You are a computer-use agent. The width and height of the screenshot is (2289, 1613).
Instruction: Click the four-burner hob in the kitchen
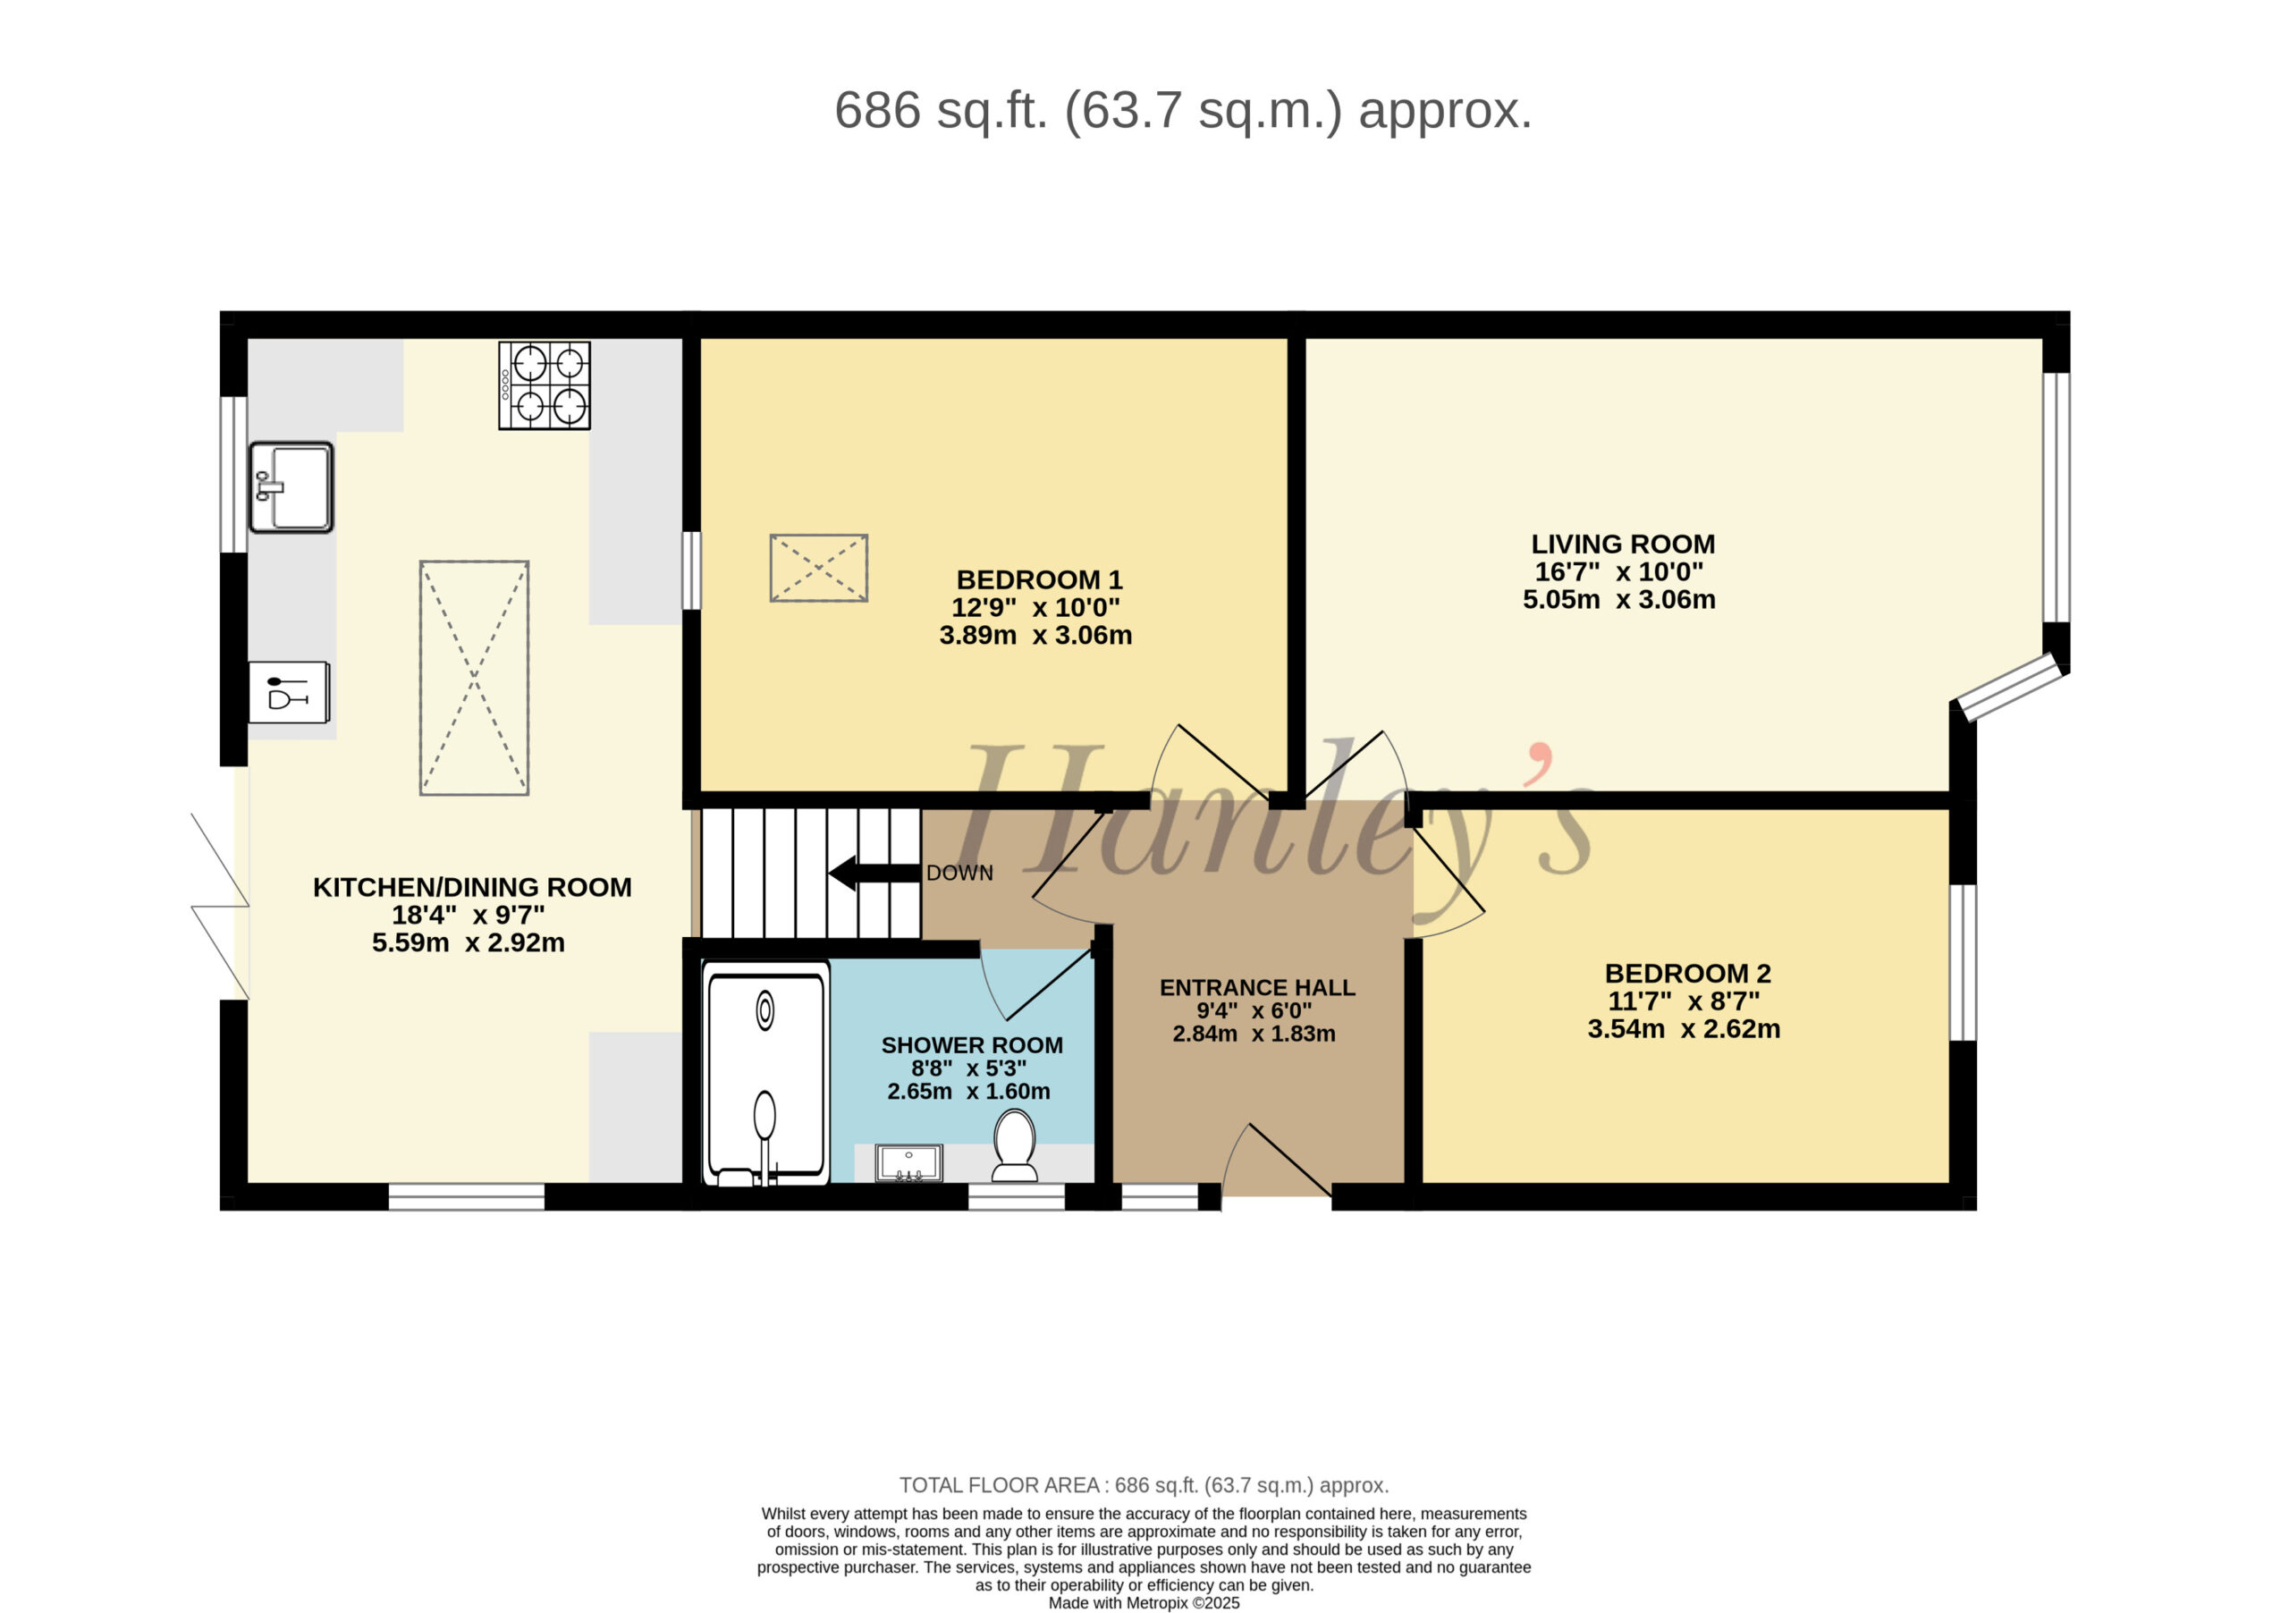[x=545, y=385]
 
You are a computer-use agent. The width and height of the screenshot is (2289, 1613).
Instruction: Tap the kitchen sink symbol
[x=291, y=487]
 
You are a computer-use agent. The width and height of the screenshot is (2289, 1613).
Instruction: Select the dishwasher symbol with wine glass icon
[x=289, y=692]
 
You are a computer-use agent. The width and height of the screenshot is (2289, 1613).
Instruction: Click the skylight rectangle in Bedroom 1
[x=818, y=569]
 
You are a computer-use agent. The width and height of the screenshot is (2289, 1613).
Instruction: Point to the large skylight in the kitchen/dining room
[x=475, y=678]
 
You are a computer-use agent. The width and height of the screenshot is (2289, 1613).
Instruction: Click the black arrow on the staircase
[x=874, y=873]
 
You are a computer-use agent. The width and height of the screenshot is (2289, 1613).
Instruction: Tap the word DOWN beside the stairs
[x=959, y=874]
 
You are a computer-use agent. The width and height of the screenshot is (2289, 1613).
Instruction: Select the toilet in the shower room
[x=1015, y=1145]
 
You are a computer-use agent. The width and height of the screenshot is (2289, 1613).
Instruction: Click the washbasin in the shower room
[x=909, y=1162]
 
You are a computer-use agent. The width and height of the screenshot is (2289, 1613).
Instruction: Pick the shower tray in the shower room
[x=765, y=1073]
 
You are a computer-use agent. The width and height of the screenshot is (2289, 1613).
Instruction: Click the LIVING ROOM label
[x=1623, y=545]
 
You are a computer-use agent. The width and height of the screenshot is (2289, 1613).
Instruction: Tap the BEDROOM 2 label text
[x=1688, y=973]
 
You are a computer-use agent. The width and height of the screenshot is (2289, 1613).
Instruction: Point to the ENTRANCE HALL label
[x=1257, y=987]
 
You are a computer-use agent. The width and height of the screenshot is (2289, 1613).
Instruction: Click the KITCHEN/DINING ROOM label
[x=473, y=887]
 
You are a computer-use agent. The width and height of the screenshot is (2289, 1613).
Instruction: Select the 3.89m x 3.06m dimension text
[x=1035, y=635]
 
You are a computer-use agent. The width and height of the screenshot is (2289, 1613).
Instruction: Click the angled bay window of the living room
[x=2011, y=686]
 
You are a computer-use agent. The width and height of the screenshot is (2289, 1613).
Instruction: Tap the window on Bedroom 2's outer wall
[x=1962, y=962]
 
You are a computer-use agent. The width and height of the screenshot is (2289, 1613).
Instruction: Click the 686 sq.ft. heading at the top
[x=1182, y=110]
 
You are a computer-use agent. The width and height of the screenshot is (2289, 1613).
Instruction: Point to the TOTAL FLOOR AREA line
[x=1144, y=1485]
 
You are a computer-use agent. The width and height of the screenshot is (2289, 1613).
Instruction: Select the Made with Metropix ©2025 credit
[x=1144, y=1603]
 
